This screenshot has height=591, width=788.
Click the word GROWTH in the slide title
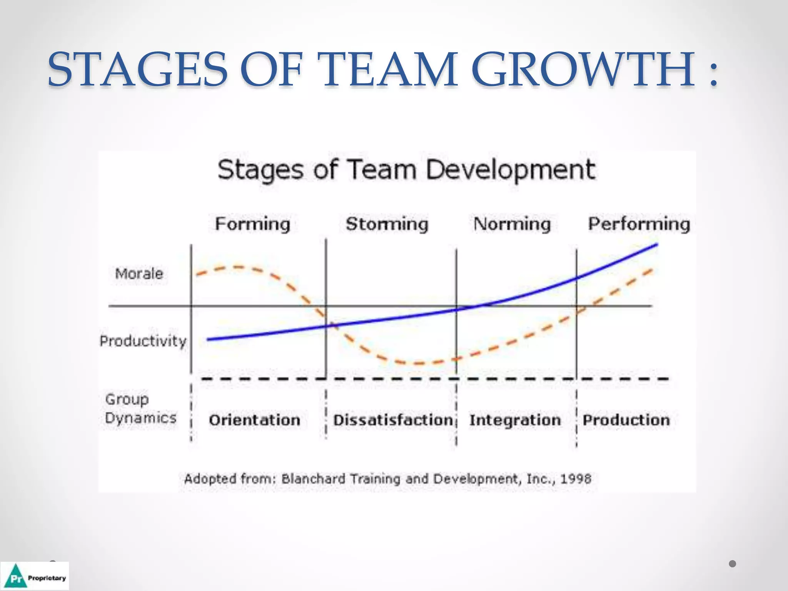583,70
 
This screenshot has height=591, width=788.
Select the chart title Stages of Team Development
406,170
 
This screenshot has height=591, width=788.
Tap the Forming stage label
252,224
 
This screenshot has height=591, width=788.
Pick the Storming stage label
387,224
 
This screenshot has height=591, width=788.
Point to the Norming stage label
512,224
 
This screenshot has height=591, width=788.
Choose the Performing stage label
639,224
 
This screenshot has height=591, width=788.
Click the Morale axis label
139,274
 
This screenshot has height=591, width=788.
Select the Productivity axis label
143,341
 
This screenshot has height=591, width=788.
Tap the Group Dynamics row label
140,409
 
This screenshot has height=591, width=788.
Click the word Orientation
255,420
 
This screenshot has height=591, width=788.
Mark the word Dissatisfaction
393,420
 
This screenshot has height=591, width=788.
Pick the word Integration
515,420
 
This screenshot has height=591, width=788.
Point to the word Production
626,420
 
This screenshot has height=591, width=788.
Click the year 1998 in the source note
576,479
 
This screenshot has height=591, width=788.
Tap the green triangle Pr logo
16,576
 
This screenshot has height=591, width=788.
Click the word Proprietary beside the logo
47,578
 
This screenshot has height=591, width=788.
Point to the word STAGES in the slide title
138,70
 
